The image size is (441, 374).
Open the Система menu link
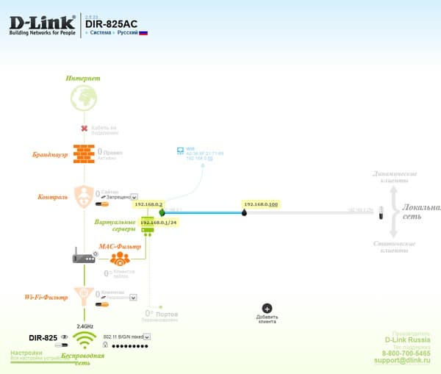101,33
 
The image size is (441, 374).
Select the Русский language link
132,33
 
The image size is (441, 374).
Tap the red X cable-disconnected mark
85,129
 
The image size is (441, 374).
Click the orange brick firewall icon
84,154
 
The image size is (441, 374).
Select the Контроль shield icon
85,197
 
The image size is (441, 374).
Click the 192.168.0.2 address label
148,204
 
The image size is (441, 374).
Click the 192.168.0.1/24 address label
158,222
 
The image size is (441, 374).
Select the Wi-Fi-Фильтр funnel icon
85,298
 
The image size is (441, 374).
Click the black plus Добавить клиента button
267,309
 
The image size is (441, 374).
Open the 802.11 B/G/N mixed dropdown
129,337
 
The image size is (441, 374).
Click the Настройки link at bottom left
25,353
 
